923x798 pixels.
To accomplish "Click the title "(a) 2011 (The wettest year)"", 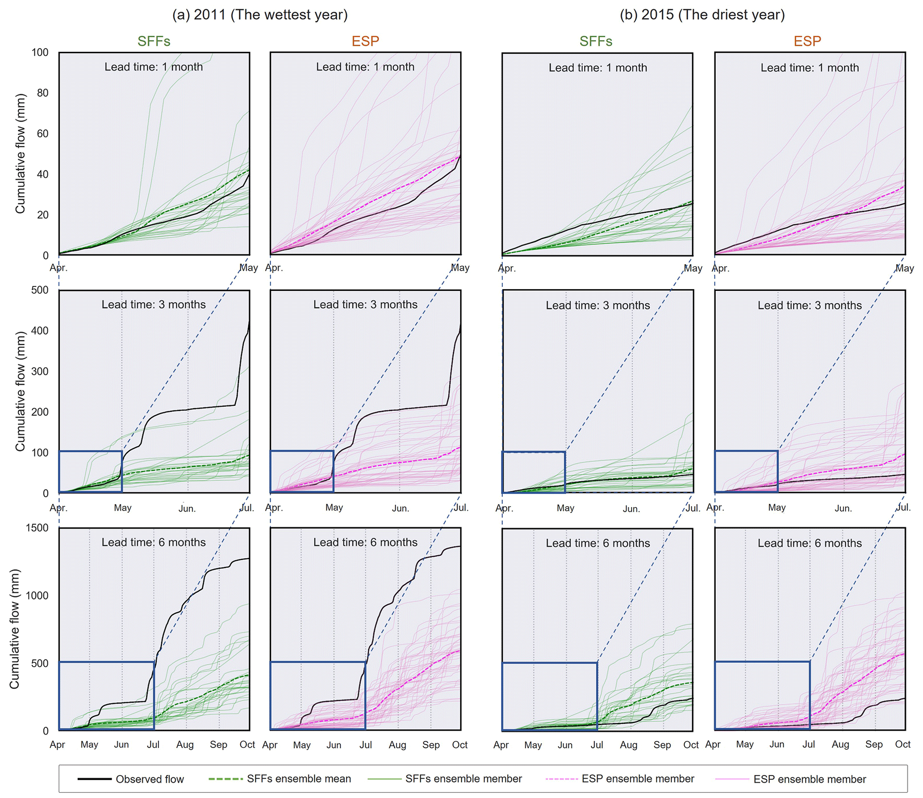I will (259, 15).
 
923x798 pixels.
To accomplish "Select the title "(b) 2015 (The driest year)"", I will (702, 15).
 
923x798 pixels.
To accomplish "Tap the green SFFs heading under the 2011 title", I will (154, 41).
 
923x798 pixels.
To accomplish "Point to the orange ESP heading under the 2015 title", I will (807, 41).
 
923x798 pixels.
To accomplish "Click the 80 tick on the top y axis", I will (42, 93).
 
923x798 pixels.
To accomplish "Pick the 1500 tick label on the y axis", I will (37, 528).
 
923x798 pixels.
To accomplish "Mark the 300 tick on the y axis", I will (39, 371).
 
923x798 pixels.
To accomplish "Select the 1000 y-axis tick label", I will (37, 595).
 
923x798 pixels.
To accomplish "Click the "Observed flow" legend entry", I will (150, 779).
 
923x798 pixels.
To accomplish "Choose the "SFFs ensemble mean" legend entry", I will (299, 779).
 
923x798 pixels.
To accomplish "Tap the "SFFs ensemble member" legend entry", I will (463, 779).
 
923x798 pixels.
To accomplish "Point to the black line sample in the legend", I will (94, 779).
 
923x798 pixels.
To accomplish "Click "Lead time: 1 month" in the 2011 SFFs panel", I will (154, 67).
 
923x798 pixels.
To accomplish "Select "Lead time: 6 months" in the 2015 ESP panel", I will (809, 543).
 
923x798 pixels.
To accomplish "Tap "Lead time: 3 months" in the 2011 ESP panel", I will (365, 305).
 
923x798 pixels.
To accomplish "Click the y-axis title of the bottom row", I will (14, 629).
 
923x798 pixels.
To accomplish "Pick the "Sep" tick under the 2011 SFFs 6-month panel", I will (218, 744).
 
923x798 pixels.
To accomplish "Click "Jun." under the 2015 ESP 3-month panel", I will (843, 508).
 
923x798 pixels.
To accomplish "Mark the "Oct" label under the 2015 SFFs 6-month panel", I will (690, 745).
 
